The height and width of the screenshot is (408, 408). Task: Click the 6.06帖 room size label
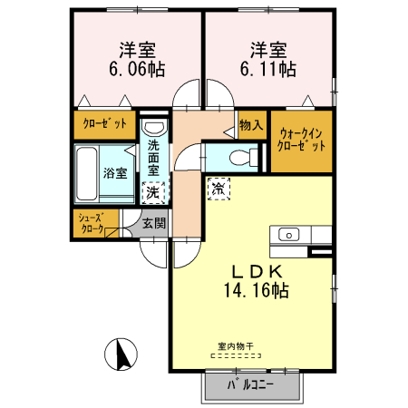point(131,68)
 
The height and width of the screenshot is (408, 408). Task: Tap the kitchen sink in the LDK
point(287,237)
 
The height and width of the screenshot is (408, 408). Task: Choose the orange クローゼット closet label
point(105,123)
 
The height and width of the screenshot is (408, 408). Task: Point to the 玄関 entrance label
point(153,223)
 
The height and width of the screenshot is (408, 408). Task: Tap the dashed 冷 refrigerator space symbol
point(219,189)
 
